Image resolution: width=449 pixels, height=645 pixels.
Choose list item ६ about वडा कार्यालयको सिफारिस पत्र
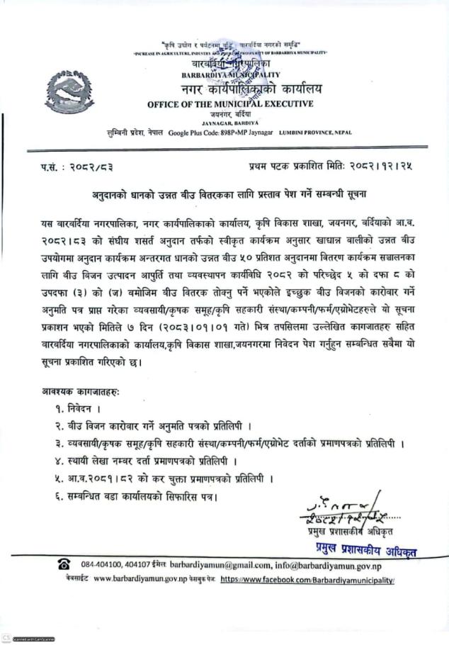pyautogui.click(x=135, y=496)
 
